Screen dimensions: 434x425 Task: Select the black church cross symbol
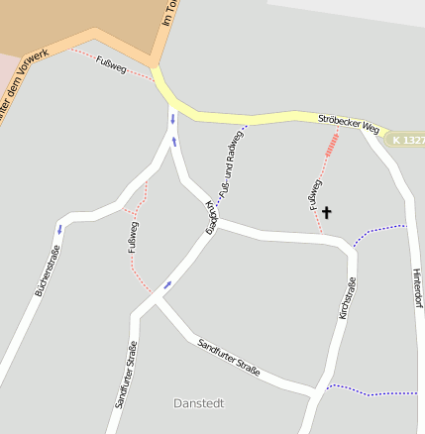pos(327,211)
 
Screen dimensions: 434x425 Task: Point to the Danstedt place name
pos(198,403)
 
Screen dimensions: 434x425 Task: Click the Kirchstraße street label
pos(348,303)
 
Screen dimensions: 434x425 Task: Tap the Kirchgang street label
pos(211,216)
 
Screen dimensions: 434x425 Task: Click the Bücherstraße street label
pos(45,273)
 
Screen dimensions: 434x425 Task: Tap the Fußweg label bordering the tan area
pos(111,66)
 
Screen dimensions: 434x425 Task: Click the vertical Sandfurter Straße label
pos(126,375)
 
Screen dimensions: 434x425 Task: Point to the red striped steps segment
pos(333,147)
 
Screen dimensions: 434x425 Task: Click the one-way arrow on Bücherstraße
pos(58,229)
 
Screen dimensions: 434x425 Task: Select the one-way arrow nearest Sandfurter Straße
pos(166,285)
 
